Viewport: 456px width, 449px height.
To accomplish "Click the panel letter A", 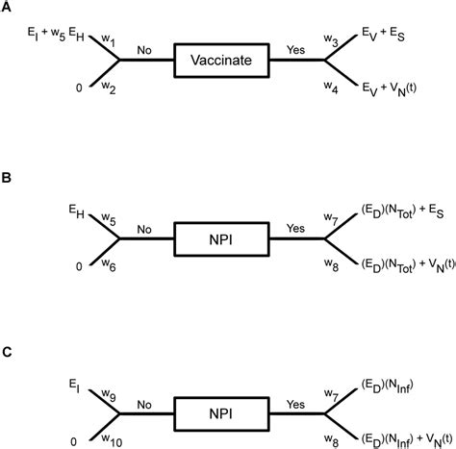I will pos(8,8).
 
